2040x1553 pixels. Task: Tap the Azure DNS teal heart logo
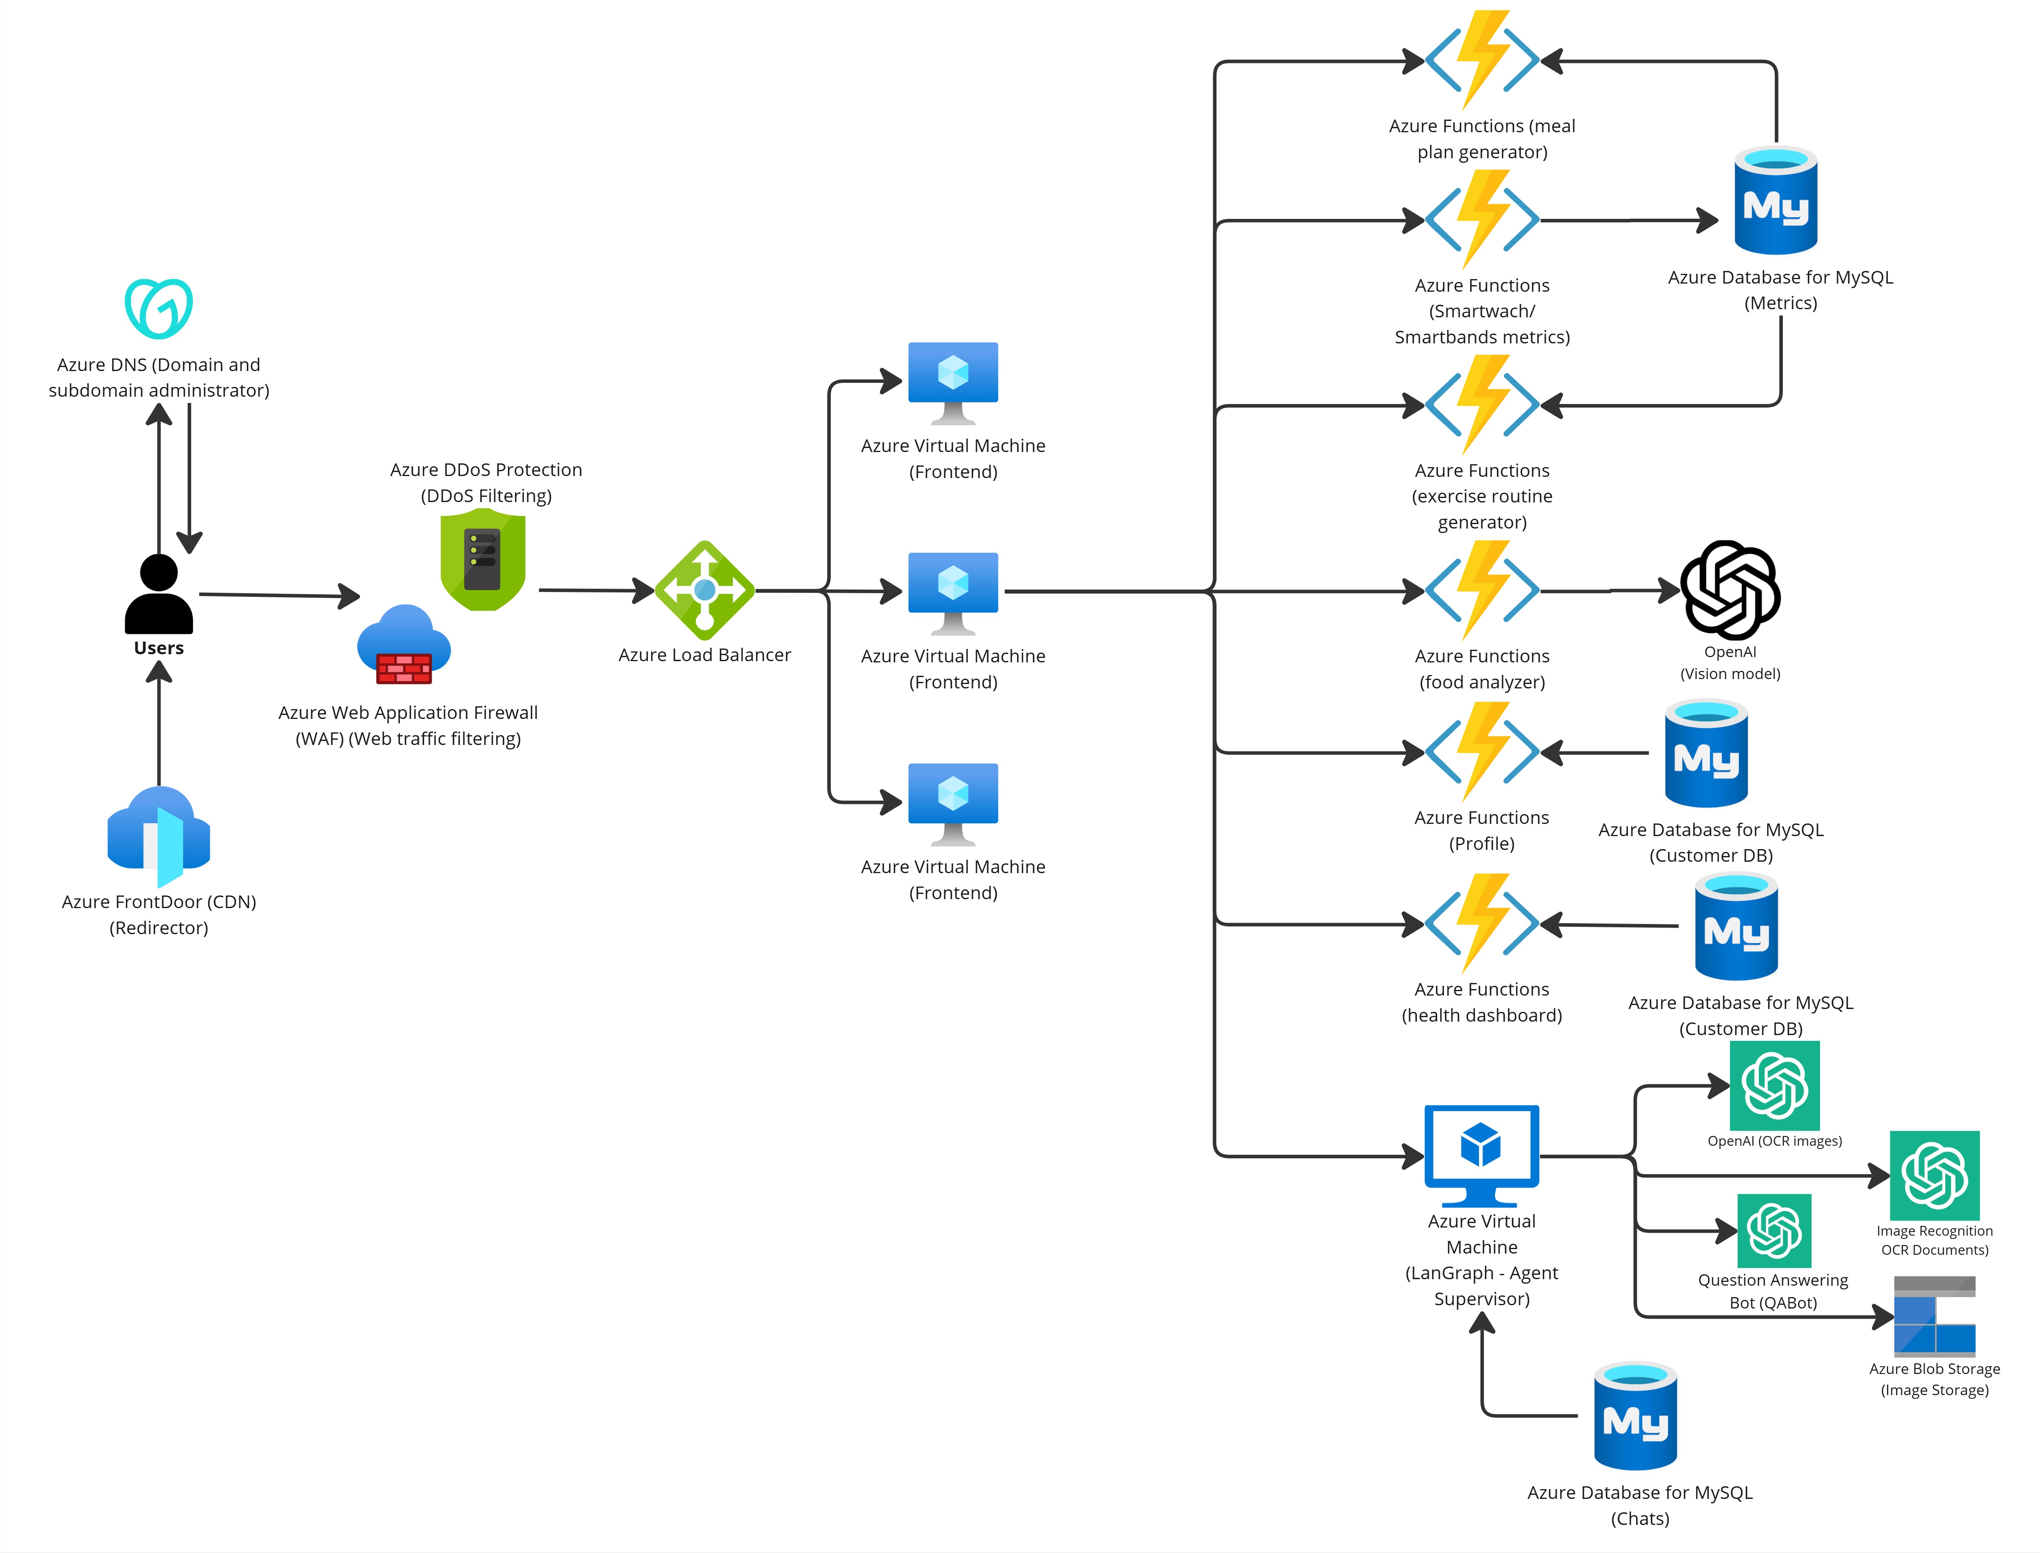159,308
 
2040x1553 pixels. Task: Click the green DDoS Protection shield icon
483,559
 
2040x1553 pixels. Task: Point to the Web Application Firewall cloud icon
404,644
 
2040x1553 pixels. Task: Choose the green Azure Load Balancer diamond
704,590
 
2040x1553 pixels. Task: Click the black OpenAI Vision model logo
1730,590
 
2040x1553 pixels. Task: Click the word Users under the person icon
159,648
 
